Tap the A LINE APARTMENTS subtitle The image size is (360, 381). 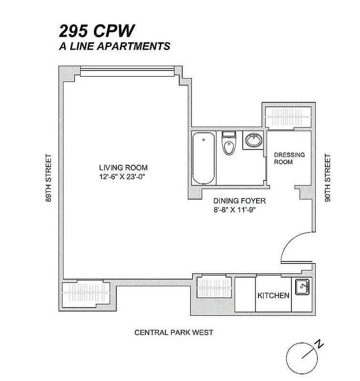pos(114,46)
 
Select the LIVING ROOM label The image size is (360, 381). pos(123,168)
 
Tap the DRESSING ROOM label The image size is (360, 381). pos(289,159)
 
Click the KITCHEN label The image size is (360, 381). pos(273,295)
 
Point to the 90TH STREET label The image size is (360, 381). pos(327,177)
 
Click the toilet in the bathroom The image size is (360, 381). pos(229,144)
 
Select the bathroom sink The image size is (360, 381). pos(253,140)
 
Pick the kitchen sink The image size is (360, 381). pos(302,287)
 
